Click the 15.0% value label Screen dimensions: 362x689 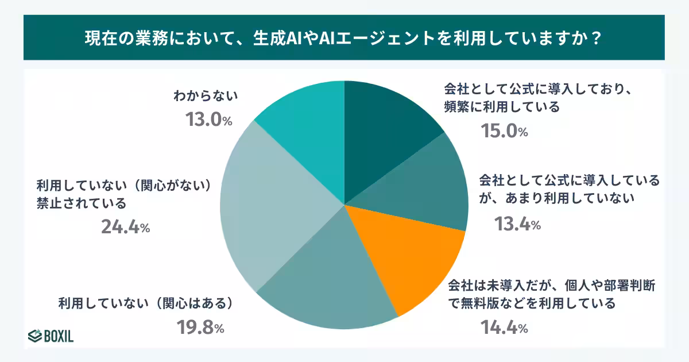click(x=504, y=132)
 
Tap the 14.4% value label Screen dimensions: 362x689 click(x=504, y=328)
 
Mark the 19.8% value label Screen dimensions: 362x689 click(x=200, y=328)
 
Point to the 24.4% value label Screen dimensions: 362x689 click(x=126, y=228)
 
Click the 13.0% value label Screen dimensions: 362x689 click(x=208, y=120)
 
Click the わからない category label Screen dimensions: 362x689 click(x=206, y=96)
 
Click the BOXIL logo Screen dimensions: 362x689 click(x=51, y=335)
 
